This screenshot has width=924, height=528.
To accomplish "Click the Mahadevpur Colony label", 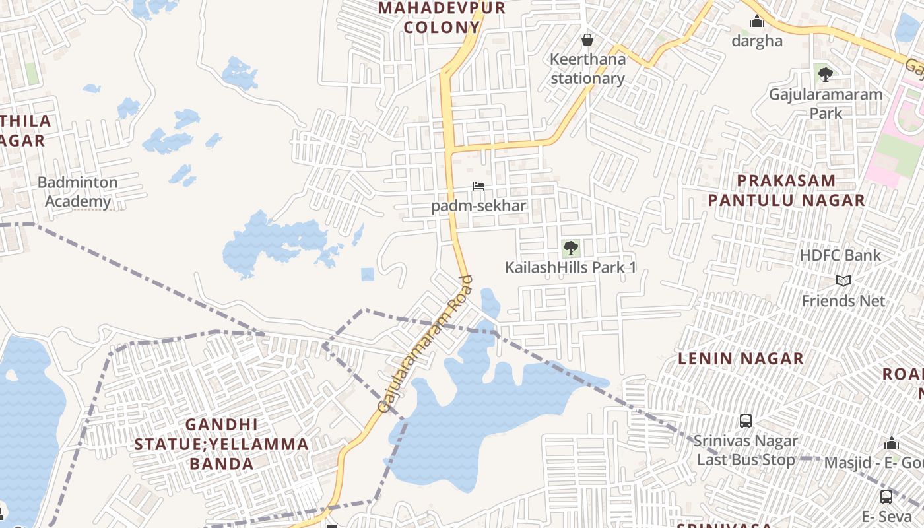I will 442,18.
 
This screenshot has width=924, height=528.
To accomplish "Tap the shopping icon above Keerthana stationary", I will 587,40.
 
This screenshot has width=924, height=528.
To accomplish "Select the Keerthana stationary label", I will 587,69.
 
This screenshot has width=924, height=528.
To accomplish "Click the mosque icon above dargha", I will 757,22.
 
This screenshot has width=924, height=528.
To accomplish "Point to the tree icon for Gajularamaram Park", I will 825,74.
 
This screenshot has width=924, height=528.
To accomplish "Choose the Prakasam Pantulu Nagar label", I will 786,190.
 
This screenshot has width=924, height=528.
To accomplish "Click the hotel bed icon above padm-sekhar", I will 478,186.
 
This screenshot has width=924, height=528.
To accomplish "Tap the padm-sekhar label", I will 478,205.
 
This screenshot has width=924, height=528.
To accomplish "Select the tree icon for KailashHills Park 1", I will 570,248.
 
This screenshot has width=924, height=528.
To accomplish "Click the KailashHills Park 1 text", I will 570,267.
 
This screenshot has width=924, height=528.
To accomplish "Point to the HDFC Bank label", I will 840,255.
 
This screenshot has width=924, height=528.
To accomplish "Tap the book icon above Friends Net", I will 843,280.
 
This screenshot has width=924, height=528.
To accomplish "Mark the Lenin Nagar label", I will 741,358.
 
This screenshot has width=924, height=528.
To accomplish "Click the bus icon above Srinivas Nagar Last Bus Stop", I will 746,420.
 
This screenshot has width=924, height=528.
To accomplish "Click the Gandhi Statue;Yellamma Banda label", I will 222,444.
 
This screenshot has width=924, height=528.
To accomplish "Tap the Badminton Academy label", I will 78,191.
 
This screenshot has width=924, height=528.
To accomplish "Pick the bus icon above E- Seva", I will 886,496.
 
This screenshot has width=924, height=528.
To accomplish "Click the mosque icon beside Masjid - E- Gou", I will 892,443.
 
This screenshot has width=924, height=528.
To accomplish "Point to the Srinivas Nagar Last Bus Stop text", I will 746,450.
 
